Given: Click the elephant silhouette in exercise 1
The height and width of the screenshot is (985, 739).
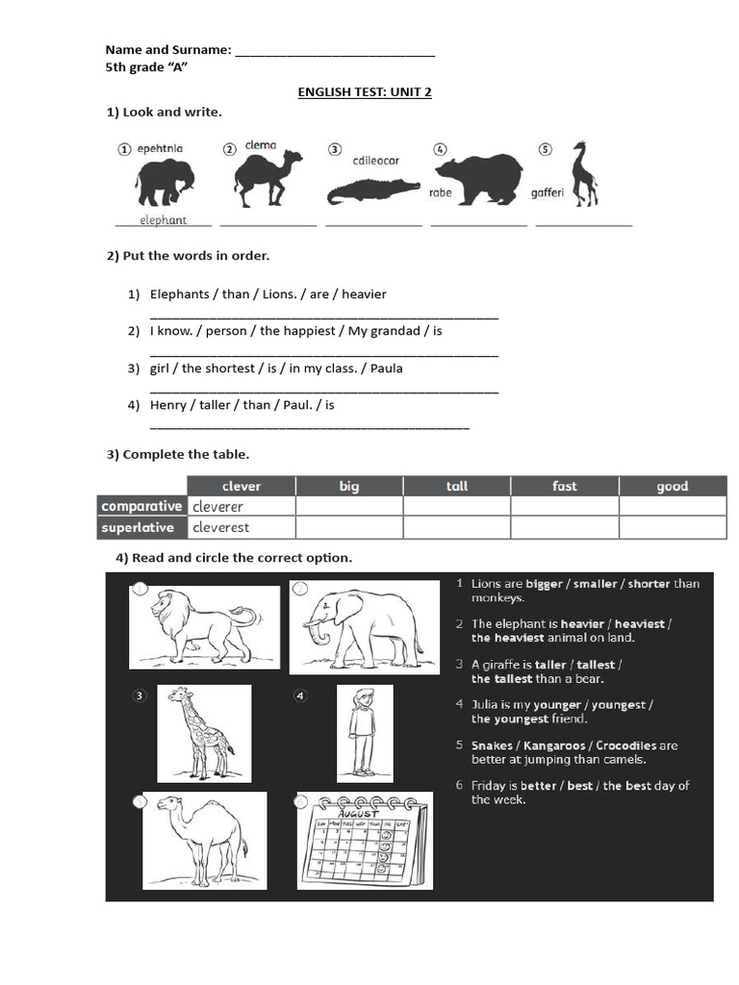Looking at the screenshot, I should pyautogui.click(x=165, y=183).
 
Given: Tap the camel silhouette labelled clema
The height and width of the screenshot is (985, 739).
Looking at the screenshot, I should pyautogui.click(x=267, y=179).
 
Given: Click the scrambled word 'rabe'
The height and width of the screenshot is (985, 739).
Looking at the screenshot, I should pyautogui.click(x=440, y=192).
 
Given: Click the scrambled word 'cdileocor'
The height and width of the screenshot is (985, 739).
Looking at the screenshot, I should pyautogui.click(x=375, y=161).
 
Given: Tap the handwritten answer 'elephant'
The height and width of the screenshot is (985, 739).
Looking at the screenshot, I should pyautogui.click(x=163, y=220).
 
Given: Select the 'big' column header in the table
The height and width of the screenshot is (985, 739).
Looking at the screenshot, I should pyautogui.click(x=349, y=486).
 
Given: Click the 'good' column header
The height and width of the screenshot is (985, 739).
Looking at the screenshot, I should pyautogui.click(x=672, y=486).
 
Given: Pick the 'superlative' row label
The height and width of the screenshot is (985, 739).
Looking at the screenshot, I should pyautogui.click(x=138, y=527).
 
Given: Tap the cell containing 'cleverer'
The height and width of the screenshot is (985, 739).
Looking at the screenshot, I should pyautogui.click(x=241, y=507).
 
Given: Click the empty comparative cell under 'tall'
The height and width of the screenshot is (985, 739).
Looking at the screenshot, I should pyautogui.click(x=456, y=507).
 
